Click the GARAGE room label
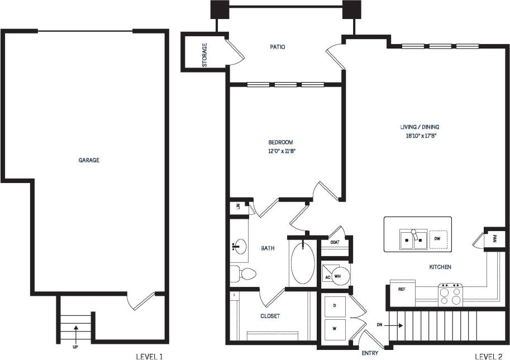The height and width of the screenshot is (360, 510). pos(89,160)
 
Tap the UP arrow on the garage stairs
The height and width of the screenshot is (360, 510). pos(75,332)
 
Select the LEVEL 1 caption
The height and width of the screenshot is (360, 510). pos(150,356)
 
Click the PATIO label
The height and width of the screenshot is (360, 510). pos(278,47)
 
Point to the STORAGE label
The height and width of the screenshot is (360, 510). pos(204,55)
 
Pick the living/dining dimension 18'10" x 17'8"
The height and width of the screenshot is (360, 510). pos(421,136)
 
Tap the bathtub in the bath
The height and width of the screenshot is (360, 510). pos(303,261)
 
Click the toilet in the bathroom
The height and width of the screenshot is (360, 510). pos(244,273)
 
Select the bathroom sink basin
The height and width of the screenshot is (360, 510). pos(239,246)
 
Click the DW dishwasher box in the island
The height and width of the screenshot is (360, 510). pos(438,239)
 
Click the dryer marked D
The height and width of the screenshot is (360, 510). pos(335,306)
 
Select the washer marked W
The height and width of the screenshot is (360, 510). pos(335,329)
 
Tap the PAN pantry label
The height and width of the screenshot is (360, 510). pos(494,238)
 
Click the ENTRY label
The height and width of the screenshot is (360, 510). pos(370,353)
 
